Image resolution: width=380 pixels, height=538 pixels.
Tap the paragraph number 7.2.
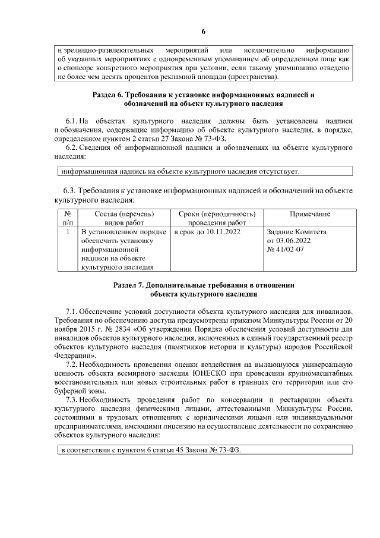pos(72,362)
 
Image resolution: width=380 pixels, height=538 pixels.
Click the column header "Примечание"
pos(310,214)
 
